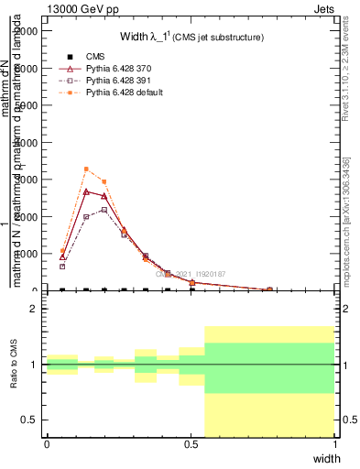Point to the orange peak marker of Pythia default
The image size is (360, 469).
(86, 169)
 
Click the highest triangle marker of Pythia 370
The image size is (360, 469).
(86, 191)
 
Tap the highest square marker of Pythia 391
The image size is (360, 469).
(104, 210)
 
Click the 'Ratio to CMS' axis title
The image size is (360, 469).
(15, 365)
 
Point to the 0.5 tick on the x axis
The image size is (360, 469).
(191, 443)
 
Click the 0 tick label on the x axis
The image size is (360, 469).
(47, 443)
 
